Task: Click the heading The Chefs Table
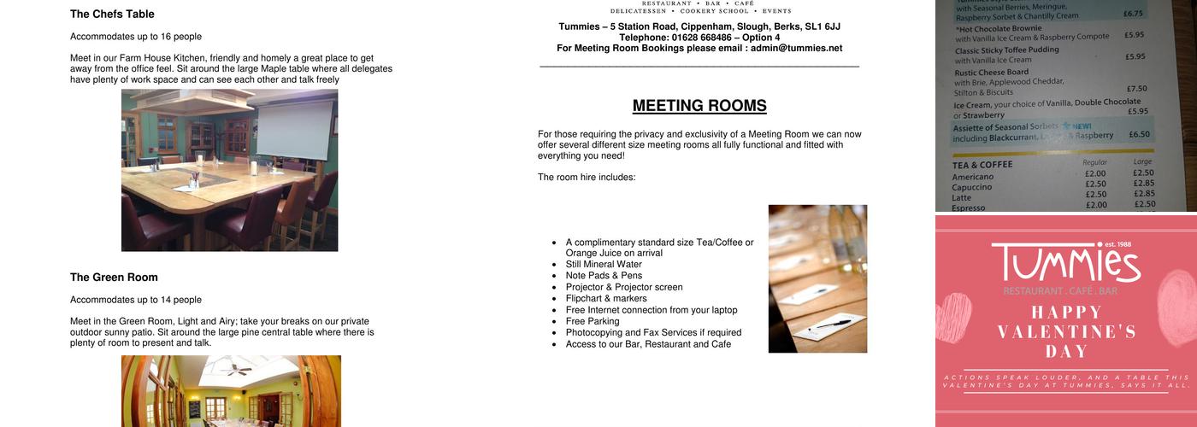coord(112,15)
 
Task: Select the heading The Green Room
coord(114,278)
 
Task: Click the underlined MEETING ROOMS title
coord(699,106)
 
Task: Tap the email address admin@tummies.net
coord(796,49)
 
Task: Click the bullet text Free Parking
coord(593,322)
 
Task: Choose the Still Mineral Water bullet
coord(604,265)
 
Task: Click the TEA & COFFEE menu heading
coord(982,165)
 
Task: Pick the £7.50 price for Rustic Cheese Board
coord(1136,89)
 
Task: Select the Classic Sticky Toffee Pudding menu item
coord(1006,50)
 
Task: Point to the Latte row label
coord(962,197)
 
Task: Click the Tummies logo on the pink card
coord(1065,264)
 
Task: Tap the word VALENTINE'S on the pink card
coord(1065,331)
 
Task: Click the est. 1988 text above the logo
coord(1117,245)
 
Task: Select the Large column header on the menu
coord(1142,161)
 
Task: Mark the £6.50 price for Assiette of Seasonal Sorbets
coord(1139,135)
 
